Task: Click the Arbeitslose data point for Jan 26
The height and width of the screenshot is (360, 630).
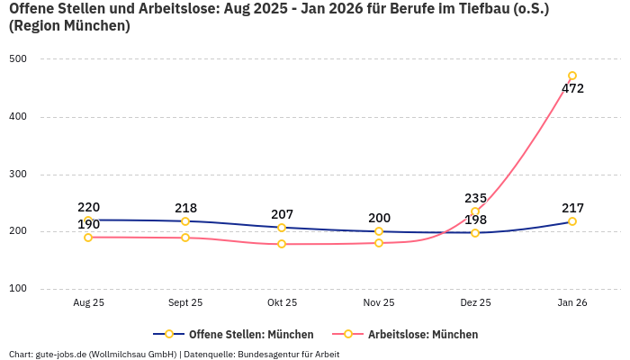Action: (572, 76)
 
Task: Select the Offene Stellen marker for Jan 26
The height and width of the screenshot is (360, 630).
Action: (572, 221)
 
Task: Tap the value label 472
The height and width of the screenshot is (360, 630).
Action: (572, 89)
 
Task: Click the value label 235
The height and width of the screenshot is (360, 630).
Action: (475, 198)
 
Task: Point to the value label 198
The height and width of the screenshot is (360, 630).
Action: (475, 220)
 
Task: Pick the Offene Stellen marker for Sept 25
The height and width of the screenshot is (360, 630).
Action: (185, 221)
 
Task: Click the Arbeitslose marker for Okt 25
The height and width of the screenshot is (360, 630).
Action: (282, 244)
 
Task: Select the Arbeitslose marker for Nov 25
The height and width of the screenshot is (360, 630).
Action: (379, 243)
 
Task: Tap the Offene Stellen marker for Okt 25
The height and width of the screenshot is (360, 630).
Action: (282, 228)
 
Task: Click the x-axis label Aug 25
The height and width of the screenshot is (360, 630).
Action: (88, 303)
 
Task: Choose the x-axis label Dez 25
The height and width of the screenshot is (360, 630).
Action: (475, 303)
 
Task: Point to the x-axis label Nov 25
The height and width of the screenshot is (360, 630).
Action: (379, 303)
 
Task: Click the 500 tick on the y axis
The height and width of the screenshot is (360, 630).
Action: (18, 59)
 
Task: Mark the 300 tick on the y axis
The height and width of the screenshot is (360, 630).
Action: (18, 175)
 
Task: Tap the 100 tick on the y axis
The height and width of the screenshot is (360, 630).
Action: (18, 289)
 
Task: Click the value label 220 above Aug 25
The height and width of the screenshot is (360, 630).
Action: (88, 207)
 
